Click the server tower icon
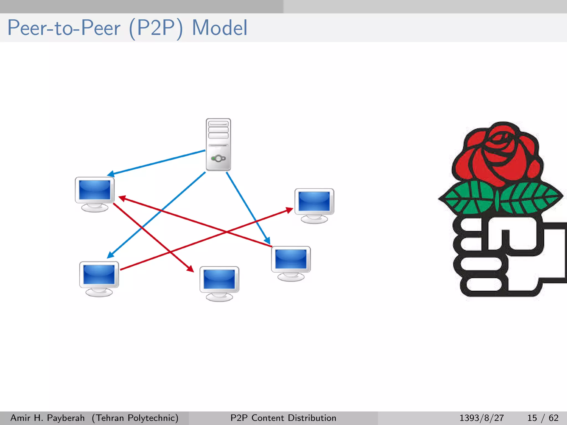218,144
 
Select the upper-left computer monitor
95,194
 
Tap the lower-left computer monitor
99,278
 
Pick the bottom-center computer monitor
219,283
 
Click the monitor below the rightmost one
291,263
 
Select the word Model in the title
220,28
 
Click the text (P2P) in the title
156,28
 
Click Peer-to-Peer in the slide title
64,28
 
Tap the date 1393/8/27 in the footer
481,418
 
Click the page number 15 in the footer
532,418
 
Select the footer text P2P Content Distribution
283,418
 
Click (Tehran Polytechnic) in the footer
135,418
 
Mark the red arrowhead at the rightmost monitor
289,210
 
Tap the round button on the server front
218,159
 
